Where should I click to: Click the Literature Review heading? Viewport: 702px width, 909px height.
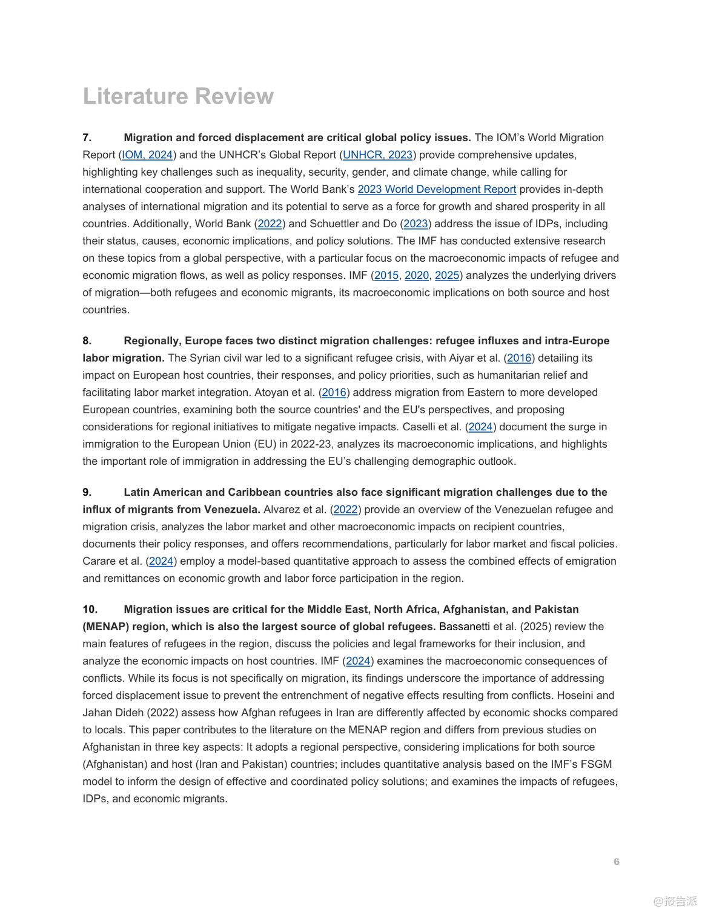pos(178,96)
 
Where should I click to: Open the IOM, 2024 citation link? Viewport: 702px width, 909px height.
pos(147,155)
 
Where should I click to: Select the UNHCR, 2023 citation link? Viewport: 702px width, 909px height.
pos(377,155)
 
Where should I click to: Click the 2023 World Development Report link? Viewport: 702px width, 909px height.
pos(437,190)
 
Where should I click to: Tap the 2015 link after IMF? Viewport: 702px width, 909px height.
pos(386,276)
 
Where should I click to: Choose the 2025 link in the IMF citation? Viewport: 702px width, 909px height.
pos(447,276)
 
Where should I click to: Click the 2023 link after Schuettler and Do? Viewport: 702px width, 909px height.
pos(416,224)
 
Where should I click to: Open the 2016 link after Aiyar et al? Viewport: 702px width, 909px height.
pos(519,358)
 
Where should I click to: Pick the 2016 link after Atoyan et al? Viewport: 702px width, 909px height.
pos(334,393)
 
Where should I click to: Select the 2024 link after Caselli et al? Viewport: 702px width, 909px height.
pos(480,427)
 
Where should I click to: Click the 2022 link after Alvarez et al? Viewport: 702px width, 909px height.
pos(345,510)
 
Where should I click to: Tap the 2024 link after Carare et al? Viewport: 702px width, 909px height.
pos(161,562)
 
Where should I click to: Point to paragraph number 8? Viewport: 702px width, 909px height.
pos(87,341)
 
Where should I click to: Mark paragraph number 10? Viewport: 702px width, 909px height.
pos(90,610)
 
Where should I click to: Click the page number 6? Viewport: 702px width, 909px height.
pos(617,862)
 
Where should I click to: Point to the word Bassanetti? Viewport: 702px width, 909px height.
pos(465,627)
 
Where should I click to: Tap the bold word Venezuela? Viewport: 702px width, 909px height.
pos(231,510)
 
